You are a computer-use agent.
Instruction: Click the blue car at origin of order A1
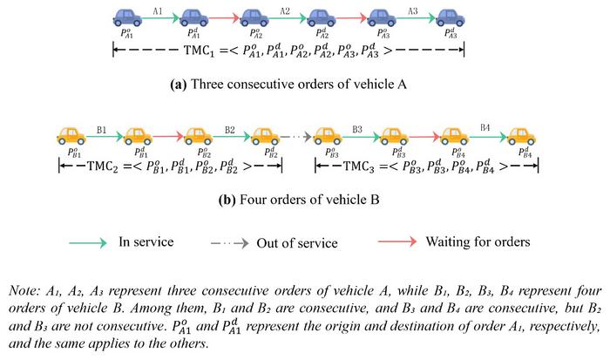pos(127,17)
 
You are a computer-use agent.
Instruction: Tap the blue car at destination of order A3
pos(451,17)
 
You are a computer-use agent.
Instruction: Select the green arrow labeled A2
pos(288,18)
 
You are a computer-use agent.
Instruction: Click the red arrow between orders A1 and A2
pos(224,18)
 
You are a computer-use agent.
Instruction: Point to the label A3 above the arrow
pos(413,11)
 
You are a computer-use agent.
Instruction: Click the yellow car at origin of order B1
pos(71,136)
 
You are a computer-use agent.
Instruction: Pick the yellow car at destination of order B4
pos(522,136)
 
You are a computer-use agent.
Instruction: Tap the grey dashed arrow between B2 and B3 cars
pos(295,137)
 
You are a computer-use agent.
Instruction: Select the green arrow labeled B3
pos(361,137)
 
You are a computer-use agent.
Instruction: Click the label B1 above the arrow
pos(102,130)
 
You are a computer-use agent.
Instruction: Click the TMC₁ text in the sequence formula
pos(199,51)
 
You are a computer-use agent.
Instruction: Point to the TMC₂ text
pos(102,166)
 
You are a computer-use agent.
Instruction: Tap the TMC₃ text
pos(358,166)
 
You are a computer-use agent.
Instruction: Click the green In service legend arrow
pos(88,243)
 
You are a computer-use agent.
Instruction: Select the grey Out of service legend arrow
pos(229,244)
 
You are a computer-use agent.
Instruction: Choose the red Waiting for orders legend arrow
pos(397,241)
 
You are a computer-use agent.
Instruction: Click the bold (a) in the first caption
pos(179,85)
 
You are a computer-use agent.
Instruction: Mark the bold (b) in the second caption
pos(227,200)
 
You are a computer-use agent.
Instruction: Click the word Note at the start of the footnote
pos(24,291)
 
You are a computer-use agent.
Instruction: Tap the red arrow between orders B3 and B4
pos(424,137)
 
